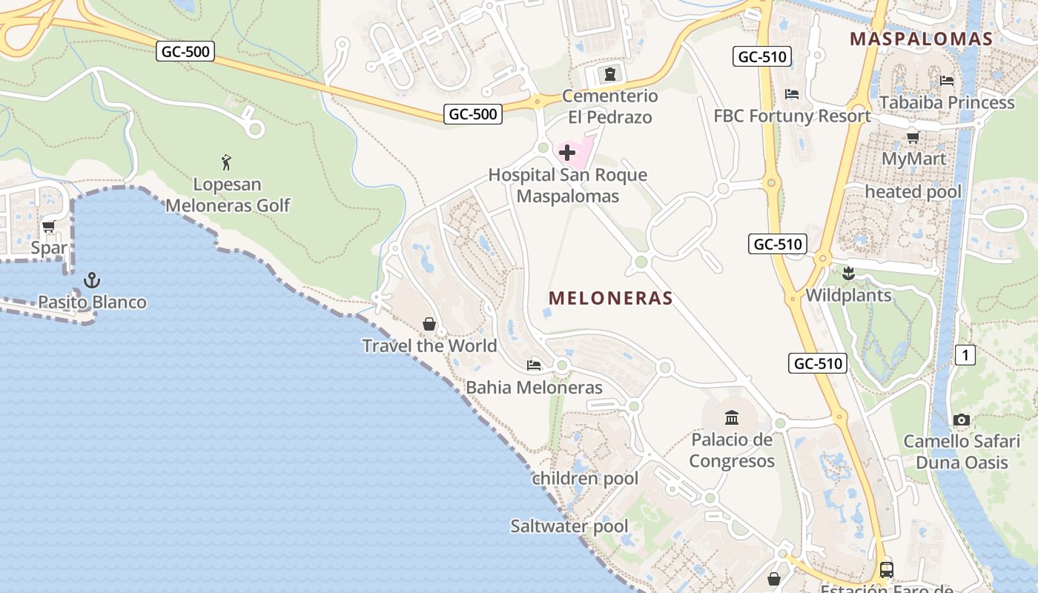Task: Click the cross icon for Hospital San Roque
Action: click(x=567, y=153)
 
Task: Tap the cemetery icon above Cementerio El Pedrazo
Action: click(x=609, y=73)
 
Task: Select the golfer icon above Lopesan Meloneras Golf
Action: click(x=227, y=162)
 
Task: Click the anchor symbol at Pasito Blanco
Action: click(x=92, y=280)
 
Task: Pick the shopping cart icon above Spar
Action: click(x=49, y=226)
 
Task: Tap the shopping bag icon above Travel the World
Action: click(x=429, y=324)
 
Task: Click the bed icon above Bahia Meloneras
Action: click(x=534, y=365)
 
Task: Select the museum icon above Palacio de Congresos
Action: click(x=732, y=417)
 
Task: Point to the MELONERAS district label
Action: click(x=610, y=298)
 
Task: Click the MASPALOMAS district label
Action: click(x=921, y=39)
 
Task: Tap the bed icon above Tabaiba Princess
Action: click(x=947, y=80)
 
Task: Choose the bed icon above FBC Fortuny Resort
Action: click(x=792, y=94)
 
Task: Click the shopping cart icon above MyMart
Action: click(x=913, y=136)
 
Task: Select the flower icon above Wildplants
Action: click(x=848, y=274)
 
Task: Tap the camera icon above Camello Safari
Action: click(x=962, y=420)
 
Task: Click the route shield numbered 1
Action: click(x=965, y=355)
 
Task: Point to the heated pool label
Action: click(x=913, y=192)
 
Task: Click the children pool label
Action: click(x=585, y=478)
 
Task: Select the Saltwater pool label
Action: click(x=569, y=526)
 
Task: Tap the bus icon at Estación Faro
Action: click(x=887, y=569)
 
